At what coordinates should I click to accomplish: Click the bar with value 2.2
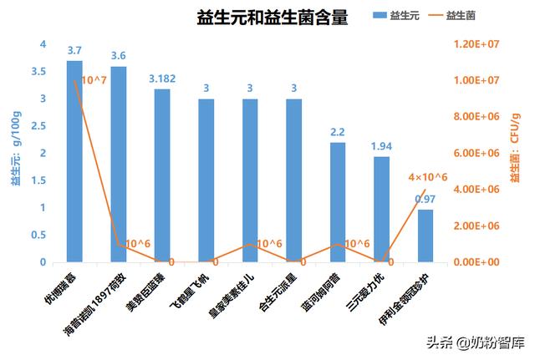(x=338, y=202)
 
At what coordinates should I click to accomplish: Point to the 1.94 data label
(x=382, y=147)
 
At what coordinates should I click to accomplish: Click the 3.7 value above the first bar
(x=75, y=51)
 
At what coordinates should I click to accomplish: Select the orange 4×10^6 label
(x=428, y=177)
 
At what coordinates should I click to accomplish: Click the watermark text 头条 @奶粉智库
(x=475, y=342)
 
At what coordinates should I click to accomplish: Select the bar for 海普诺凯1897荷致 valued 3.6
(x=119, y=165)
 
